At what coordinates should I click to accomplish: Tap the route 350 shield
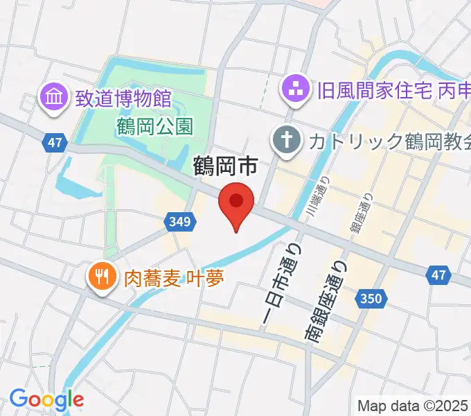click(370, 299)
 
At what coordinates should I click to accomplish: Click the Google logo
click(46, 399)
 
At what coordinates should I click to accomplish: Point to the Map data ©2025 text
click(413, 406)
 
